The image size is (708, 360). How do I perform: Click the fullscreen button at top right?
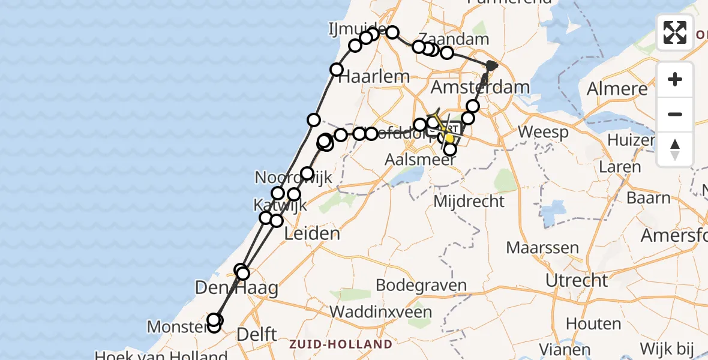coord(675,32)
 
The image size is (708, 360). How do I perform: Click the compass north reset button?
coord(675,149)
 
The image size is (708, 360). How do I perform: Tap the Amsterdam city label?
coord(480,87)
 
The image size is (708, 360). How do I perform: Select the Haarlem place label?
coord(374,77)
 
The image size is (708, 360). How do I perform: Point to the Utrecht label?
coord(577,280)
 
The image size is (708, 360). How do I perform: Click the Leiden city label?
coord(311,233)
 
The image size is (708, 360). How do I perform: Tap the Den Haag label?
coord(236,289)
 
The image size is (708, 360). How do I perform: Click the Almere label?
coord(618,89)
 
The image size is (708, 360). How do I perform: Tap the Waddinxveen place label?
coord(380,312)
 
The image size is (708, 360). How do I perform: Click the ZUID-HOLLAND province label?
coord(341,344)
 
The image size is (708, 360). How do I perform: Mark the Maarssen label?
coord(542,247)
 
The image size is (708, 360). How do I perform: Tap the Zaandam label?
coord(454,40)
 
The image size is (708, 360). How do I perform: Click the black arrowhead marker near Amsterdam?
coord(492,65)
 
